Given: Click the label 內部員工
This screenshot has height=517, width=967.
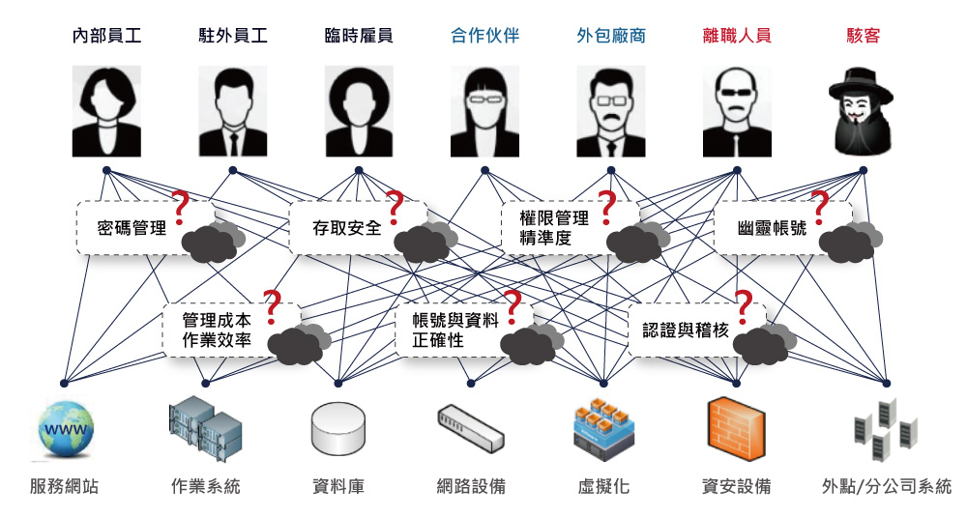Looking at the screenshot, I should pyautogui.click(x=107, y=37).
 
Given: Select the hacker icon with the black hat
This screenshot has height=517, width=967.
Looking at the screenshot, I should pyautogui.click(x=862, y=111).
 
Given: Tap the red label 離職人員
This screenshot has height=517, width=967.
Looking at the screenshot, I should pyautogui.click(x=737, y=37).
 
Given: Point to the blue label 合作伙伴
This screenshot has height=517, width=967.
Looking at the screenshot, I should pyautogui.click(x=485, y=37).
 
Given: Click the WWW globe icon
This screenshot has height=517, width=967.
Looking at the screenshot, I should pyautogui.click(x=65, y=430).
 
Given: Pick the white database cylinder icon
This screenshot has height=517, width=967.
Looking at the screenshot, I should pyautogui.click(x=337, y=430).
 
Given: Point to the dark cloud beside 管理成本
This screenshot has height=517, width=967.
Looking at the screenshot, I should pyautogui.click(x=297, y=343).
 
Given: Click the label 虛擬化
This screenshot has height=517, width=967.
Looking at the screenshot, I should pyautogui.click(x=603, y=486).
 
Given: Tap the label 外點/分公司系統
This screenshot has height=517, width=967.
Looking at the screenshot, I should pyautogui.click(x=886, y=486).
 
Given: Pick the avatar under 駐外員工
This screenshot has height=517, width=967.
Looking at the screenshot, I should pyautogui.click(x=233, y=111).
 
